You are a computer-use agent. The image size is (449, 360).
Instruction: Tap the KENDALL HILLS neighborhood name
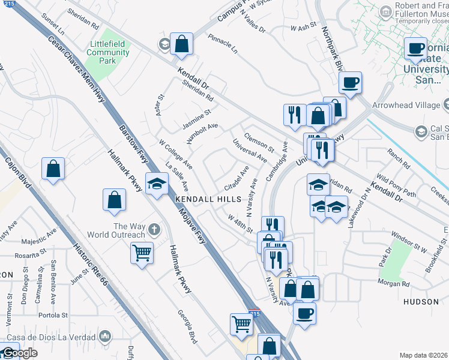tap(199, 199)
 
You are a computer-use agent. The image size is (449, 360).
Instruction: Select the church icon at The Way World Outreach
tap(154, 229)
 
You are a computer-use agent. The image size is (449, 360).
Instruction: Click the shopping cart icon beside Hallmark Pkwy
tap(142, 252)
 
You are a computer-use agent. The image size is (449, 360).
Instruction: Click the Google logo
tap(19, 353)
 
